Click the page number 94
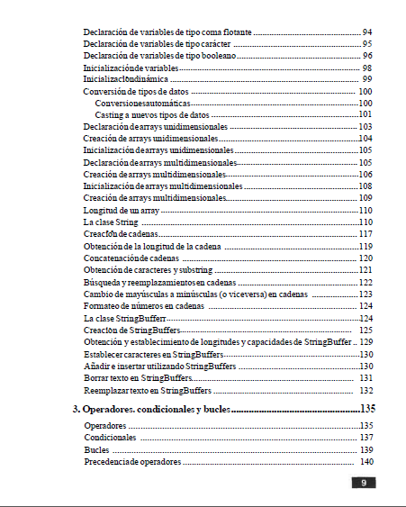tap(367, 32)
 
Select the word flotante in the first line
tap(230, 32)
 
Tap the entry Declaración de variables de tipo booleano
tap(160, 56)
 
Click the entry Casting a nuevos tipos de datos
tap(151, 115)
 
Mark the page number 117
tap(365, 234)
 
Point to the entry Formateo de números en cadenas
tap(144, 305)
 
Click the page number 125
tap(365, 330)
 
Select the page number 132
tap(365, 391)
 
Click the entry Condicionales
tap(110, 437)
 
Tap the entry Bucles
tap(96, 449)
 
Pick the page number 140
tap(366, 461)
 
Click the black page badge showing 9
tap(363, 483)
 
